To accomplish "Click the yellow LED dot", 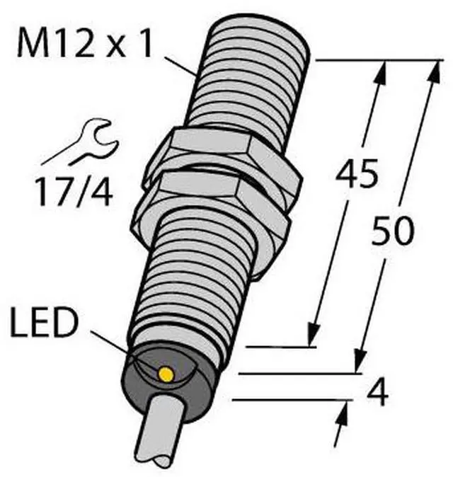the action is tap(166, 374).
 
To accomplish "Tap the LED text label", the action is tap(43, 322).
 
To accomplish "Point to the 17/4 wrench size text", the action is tap(74, 192).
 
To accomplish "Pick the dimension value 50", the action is tap(392, 230).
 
